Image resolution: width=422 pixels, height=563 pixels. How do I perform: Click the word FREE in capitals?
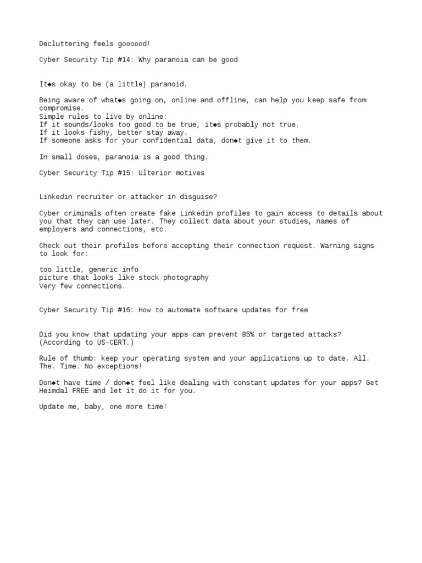pyautogui.click(x=85, y=391)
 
